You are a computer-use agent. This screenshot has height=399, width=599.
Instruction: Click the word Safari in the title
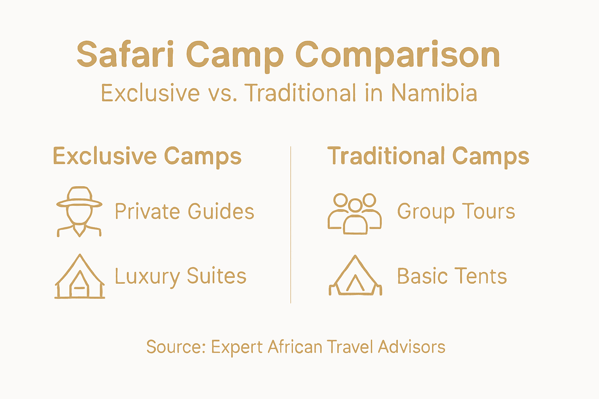[125, 55]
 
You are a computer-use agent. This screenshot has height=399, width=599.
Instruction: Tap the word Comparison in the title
[397, 55]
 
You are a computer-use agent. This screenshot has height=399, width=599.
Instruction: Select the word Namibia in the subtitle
[434, 93]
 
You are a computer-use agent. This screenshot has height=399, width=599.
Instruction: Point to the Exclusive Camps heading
[147, 157]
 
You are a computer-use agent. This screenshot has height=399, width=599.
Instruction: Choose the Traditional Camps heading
[428, 157]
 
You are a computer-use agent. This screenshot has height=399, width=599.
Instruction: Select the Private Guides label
[184, 212]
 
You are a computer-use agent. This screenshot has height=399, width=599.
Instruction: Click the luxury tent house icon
[80, 277]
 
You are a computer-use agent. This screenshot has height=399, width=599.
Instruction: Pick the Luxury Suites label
[181, 277]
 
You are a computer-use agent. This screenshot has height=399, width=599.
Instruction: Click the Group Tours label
[456, 212]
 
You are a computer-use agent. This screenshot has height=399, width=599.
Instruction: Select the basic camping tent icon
[355, 276]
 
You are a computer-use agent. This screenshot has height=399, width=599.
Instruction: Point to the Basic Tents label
[452, 277]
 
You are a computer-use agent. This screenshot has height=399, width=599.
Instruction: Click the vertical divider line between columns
[291, 225]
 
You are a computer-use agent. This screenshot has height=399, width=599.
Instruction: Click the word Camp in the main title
[234, 55]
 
